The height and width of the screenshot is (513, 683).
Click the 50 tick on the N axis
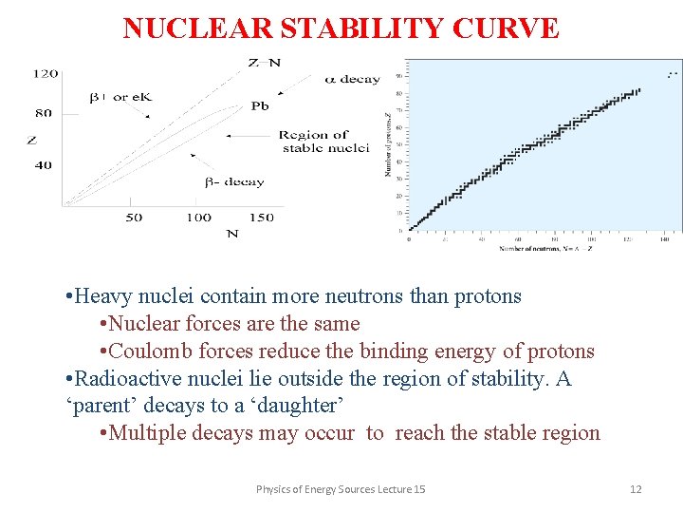pos(133,218)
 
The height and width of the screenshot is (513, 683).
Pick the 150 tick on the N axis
pos(261,218)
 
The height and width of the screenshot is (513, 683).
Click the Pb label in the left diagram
pos(260,106)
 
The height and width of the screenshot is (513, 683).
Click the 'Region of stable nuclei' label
pos(324,142)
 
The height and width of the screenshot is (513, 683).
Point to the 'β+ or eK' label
pos(120,98)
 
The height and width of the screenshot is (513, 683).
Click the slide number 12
pos(636,489)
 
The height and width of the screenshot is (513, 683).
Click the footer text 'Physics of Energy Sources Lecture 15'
pos(341,489)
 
